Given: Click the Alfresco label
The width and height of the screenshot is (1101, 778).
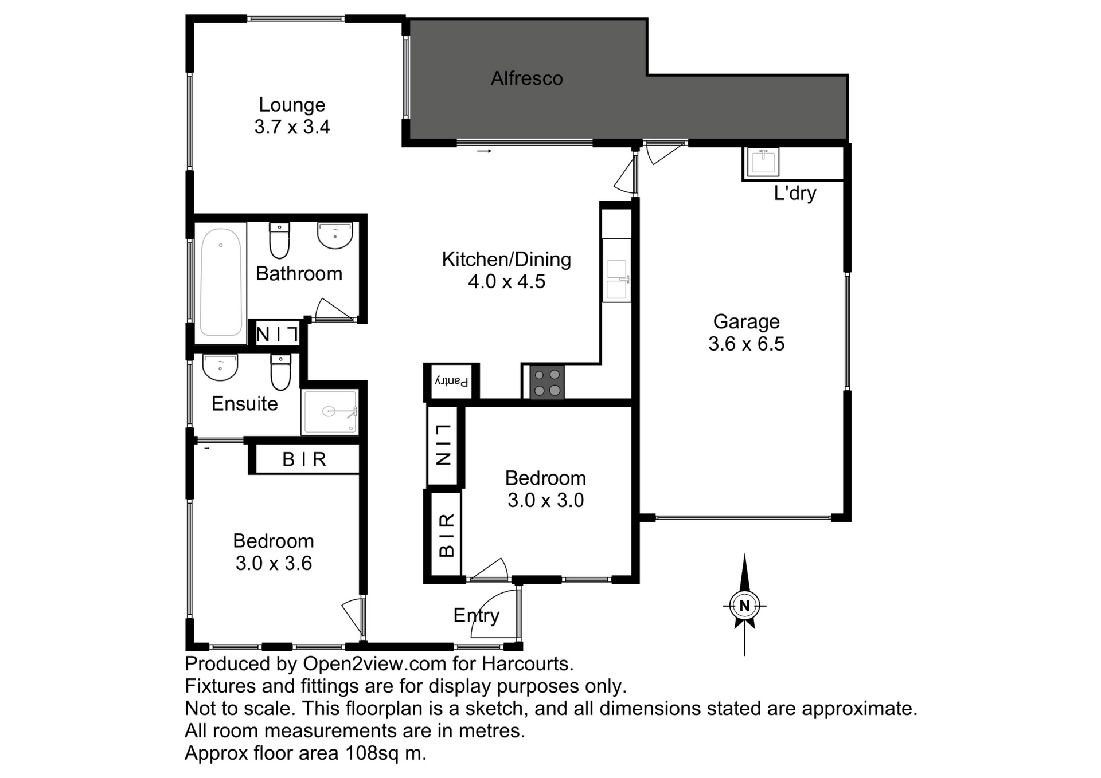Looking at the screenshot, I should pos(526,78).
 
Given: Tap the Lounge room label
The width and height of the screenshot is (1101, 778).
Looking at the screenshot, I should pos(292,105).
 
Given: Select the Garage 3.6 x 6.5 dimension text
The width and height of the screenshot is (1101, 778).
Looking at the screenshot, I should pos(746,344).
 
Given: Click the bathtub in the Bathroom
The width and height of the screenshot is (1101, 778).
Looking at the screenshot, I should pos(221,282).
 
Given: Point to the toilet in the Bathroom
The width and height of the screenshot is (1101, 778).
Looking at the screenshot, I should pos(279,241).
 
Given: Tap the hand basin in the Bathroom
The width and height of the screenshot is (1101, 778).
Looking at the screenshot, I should pos(335,235).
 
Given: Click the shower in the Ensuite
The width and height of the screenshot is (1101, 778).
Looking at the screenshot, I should pos(330,411).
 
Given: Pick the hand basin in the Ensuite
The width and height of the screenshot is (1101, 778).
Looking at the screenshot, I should pos(220,367).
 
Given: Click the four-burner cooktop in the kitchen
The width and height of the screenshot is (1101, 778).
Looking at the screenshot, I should pos(546,383).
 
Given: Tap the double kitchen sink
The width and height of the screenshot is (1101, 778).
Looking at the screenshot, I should pos(617,280).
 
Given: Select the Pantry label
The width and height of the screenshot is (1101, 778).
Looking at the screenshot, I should pos(452,381).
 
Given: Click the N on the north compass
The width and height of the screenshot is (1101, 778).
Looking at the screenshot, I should pos(744,606).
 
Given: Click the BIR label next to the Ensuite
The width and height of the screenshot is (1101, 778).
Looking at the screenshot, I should pos(304,459).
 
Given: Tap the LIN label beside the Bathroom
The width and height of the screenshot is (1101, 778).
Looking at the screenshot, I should pos(278,334).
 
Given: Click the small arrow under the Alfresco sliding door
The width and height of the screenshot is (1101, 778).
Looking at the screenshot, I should pos(485,151).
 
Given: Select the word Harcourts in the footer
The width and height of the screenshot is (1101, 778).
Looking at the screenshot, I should pos(527,663).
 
